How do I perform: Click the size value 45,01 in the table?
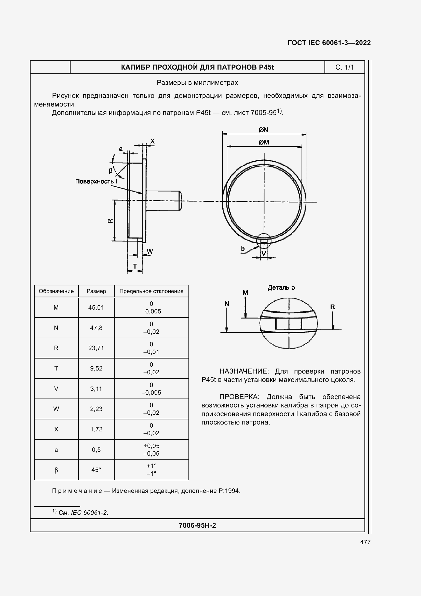pyautogui.click(x=96, y=308)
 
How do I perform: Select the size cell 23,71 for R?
pyautogui.click(x=96, y=348)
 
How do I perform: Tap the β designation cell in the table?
pyautogui.click(x=56, y=470)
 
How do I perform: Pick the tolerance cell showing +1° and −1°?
pyautogui.click(x=151, y=470)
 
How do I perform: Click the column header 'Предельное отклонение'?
pyautogui.click(x=151, y=291)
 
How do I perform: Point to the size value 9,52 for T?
pyautogui.click(x=96, y=368)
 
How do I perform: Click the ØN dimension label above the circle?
pyautogui.click(x=263, y=130)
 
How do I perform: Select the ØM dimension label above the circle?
pyautogui.click(x=264, y=142)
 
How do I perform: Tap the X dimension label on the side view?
pyautogui.click(x=153, y=141)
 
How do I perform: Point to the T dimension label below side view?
pyautogui.click(x=135, y=266)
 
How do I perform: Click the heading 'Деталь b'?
pyautogui.click(x=281, y=287)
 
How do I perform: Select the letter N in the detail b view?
pyautogui.click(x=227, y=303)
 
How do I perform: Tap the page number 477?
pyautogui.click(x=365, y=542)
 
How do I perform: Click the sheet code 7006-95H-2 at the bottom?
pyautogui.click(x=197, y=526)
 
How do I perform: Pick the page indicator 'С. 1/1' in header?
pyautogui.click(x=345, y=67)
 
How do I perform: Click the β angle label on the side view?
pyautogui.click(x=111, y=170)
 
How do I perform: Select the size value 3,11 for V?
pyautogui.click(x=96, y=389)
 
